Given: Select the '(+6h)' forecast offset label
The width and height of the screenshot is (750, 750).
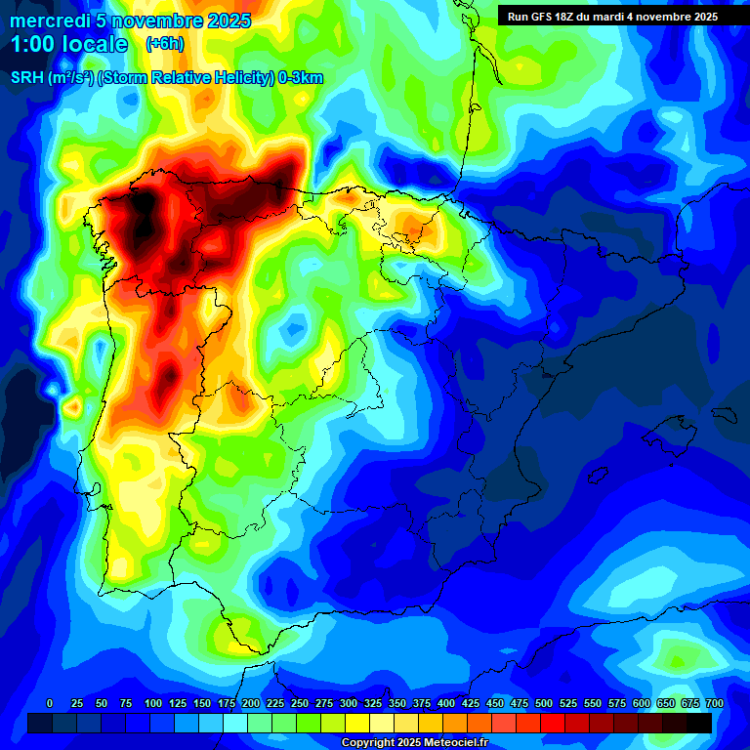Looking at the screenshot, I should (x=164, y=44).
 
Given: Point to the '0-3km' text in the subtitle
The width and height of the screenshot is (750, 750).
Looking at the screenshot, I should (x=301, y=78).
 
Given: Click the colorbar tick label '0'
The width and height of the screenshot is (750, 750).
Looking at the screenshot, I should (x=50, y=703).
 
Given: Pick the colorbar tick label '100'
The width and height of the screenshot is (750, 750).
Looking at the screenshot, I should (x=153, y=703).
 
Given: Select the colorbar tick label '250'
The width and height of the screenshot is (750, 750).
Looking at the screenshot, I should (x=300, y=703).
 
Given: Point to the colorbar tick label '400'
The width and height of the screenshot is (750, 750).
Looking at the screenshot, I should (x=446, y=703).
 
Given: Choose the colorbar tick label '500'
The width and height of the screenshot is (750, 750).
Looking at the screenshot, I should (x=544, y=703).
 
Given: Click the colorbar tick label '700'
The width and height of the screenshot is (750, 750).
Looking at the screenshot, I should (x=714, y=703).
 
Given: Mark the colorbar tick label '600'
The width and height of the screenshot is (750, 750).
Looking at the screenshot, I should (x=642, y=703).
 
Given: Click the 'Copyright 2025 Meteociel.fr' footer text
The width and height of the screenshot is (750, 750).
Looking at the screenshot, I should (x=428, y=743).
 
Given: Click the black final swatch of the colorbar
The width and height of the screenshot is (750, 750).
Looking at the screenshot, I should (x=699, y=723).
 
